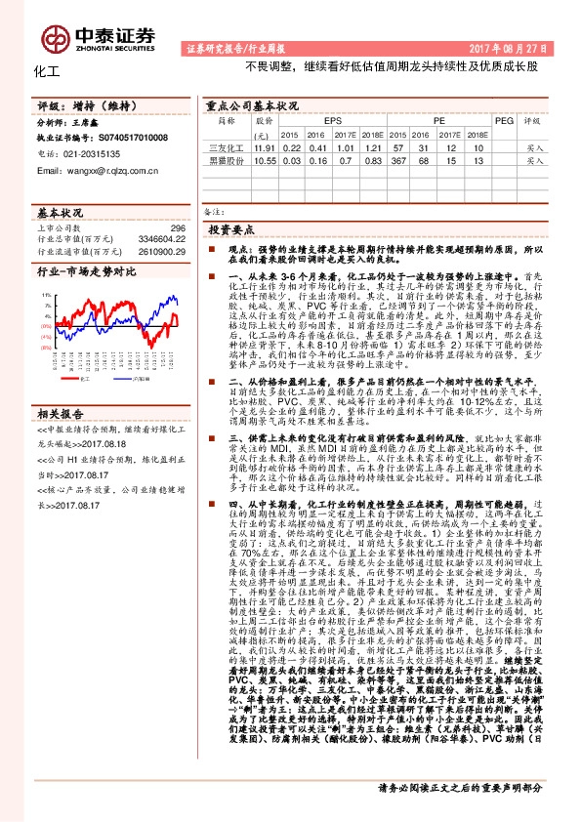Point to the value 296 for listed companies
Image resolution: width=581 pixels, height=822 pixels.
[x=177, y=226]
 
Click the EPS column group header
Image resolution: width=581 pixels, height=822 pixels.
[x=320, y=120]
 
